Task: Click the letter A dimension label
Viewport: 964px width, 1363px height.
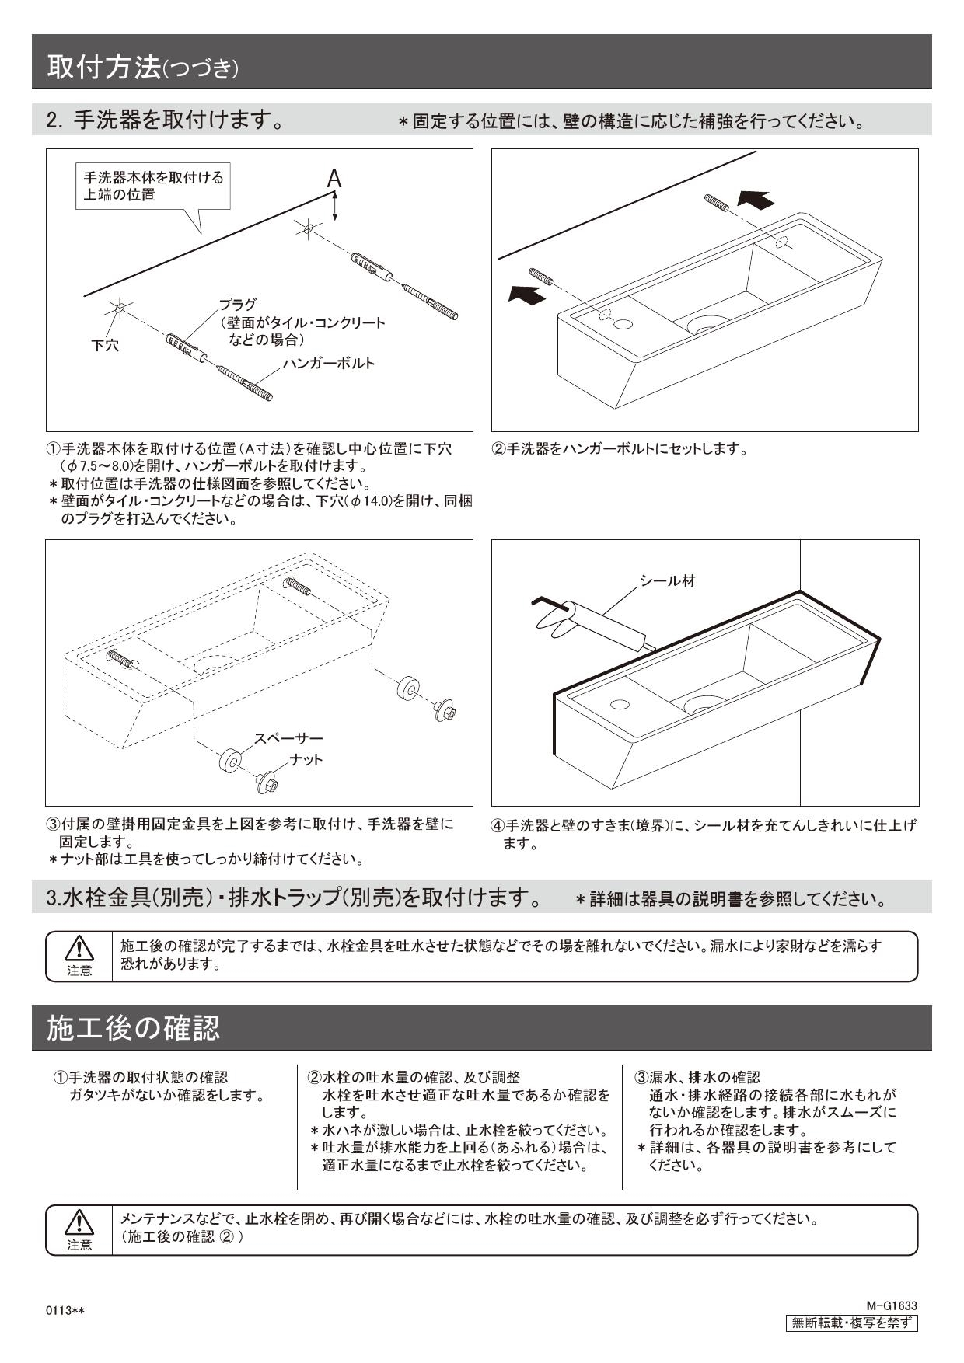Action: (334, 180)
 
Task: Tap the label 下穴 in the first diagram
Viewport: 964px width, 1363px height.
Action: (105, 346)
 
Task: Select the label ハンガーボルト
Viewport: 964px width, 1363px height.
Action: (328, 364)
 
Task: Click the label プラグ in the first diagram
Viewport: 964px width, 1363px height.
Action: (237, 305)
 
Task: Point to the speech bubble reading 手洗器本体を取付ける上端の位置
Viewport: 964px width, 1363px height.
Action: (154, 186)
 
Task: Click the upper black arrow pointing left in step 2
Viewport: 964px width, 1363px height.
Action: (756, 200)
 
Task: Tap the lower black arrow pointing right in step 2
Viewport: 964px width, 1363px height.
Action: (527, 294)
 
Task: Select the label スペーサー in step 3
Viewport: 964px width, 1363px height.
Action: (288, 738)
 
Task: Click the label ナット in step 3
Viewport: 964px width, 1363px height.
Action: (306, 759)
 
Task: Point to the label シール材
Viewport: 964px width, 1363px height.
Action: (667, 580)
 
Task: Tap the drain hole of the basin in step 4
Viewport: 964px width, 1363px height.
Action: (704, 704)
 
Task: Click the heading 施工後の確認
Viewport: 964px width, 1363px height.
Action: (134, 1027)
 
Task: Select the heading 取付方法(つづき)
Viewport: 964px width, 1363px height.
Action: (143, 68)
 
